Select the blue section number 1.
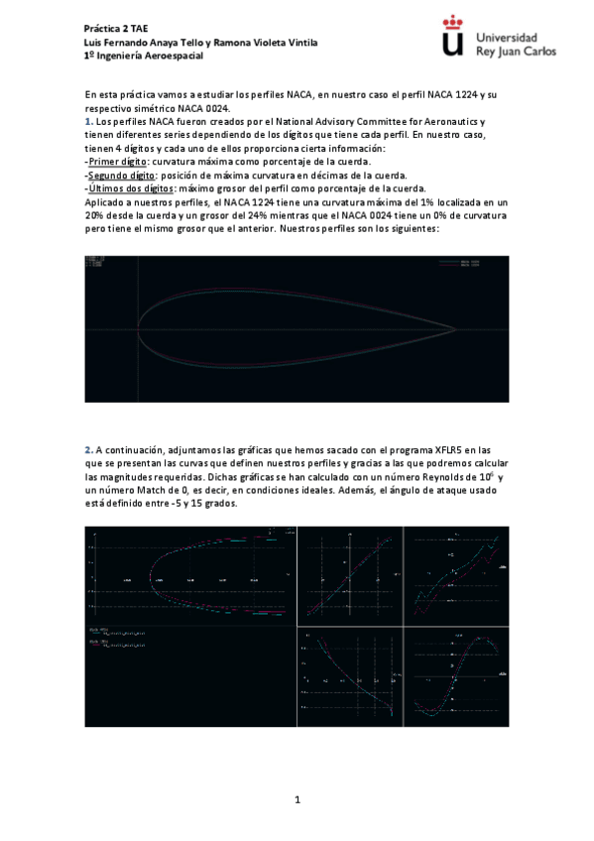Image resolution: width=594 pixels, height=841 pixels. [x=87, y=121]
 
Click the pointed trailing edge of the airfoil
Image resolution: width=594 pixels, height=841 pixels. [x=455, y=328]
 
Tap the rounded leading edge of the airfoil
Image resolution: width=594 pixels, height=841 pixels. [x=138, y=328]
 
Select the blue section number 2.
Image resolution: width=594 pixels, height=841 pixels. [x=87, y=450]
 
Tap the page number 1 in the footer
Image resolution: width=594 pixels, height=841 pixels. [x=297, y=799]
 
